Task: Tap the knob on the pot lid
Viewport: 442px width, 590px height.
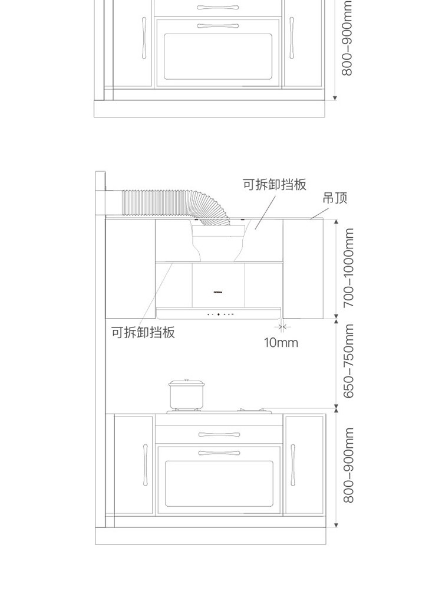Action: (x=186, y=381)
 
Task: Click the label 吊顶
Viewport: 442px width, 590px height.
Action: (x=335, y=198)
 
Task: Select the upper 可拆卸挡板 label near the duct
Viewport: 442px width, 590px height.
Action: (x=275, y=184)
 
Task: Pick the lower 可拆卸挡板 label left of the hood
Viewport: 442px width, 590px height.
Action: (x=143, y=332)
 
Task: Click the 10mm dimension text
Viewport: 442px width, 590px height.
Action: (x=281, y=342)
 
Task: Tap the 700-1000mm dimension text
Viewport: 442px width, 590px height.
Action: (x=349, y=268)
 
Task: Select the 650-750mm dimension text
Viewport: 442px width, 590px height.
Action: (x=349, y=361)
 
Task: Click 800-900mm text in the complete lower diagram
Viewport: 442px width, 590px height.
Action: (x=349, y=466)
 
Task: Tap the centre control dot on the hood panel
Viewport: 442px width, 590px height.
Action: (x=219, y=314)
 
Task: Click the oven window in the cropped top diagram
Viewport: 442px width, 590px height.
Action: (x=218, y=56)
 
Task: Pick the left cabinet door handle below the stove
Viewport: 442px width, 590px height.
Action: (x=144, y=466)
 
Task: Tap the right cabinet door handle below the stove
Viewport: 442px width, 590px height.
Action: (x=292, y=466)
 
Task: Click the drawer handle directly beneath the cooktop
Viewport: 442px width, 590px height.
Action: (x=219, y=435)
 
